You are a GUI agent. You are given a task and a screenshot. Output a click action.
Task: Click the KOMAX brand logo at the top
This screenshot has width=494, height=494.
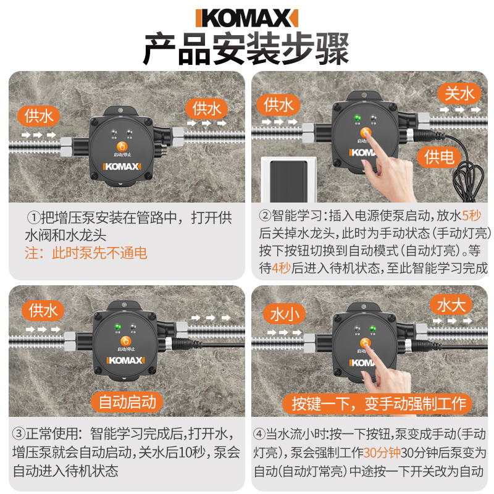coord(246,18)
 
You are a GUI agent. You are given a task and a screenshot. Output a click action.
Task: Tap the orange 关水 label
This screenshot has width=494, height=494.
coord(460,93)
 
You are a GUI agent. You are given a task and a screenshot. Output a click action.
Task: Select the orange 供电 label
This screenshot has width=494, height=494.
coord(439,156)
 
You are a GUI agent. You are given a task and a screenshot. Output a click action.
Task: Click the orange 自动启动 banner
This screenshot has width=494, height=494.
coord(128,402)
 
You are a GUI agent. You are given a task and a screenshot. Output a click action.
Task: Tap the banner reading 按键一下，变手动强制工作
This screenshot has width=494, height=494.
coord(374,404)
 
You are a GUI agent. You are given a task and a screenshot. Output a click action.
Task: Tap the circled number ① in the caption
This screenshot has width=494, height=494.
coord(33,217)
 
